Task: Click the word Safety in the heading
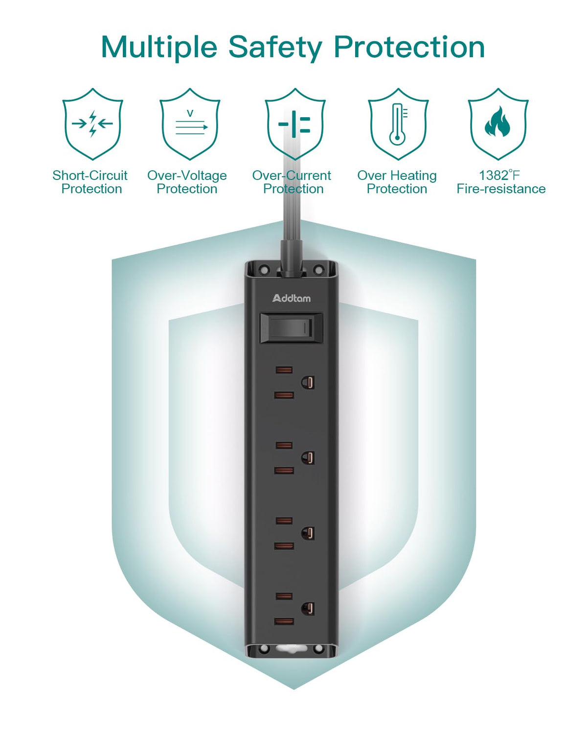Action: coord(275,48)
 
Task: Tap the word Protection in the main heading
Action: coord(409,47)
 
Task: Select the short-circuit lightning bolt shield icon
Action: coord(92,124)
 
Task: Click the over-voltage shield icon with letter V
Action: coord(190,124)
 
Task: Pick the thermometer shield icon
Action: coord(398,124)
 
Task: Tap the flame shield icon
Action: coord(498,124)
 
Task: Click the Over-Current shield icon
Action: coord(295,124)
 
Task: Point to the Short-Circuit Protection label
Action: coord(90,182)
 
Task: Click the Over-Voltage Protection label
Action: coord(187,182)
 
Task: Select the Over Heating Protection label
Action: coord(397,182)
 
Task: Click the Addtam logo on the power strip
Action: coord(291,298)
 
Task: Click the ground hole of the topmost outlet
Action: coord(308,383)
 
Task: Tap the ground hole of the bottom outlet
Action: coord(308,609)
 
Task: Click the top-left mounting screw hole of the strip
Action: coord(264,270)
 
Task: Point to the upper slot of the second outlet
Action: coord(284,445)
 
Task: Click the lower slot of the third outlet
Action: coord(284,546)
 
